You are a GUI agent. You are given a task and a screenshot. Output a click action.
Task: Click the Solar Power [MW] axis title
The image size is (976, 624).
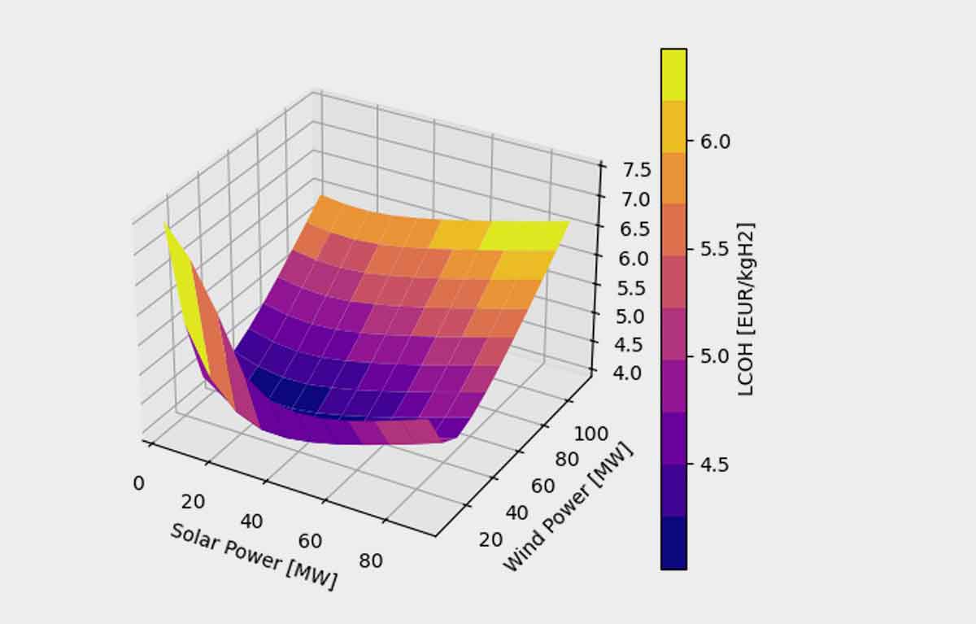coord(253,556)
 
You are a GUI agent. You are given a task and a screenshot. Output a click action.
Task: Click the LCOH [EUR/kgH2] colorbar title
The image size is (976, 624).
coord(745,309)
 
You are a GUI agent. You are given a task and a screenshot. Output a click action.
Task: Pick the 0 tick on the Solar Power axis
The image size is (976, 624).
coord(138,483)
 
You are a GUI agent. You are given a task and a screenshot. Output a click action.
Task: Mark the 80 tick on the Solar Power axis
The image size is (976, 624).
coord(370,560)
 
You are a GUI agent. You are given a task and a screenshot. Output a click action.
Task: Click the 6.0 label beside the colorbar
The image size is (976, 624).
coord(715,141)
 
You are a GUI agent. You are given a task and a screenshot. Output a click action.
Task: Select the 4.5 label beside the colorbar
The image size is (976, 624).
coord(715,465)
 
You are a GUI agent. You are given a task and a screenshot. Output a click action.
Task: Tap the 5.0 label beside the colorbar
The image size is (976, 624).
coord(715,356)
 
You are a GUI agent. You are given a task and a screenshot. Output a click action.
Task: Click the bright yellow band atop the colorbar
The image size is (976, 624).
coord(673,74)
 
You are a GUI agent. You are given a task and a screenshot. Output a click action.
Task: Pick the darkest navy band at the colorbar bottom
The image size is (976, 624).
coord(673,543)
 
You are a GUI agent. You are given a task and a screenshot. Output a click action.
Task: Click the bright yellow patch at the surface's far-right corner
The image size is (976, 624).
coord(525,233)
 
